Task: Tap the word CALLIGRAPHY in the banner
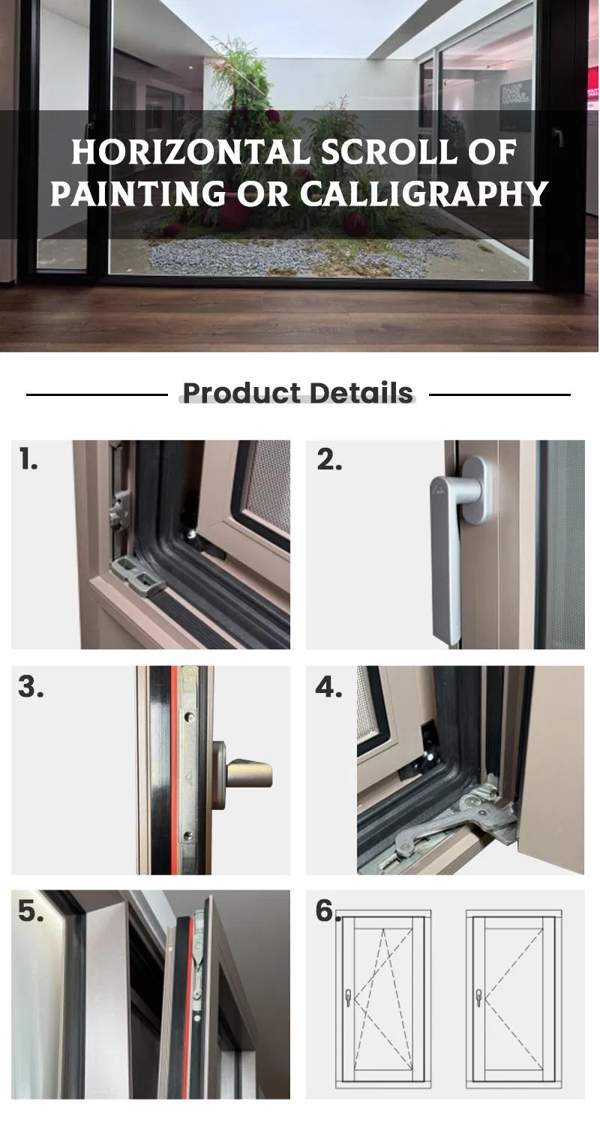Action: [424, 193]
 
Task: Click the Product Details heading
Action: [298, 393]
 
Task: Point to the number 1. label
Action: [28, 459]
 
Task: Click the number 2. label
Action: [329, 460]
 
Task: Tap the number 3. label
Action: [31, 686]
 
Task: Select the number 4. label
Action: [328, 686]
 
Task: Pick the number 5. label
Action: [31, 911]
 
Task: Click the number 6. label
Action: [327, 910]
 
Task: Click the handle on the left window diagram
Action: [348, 997]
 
